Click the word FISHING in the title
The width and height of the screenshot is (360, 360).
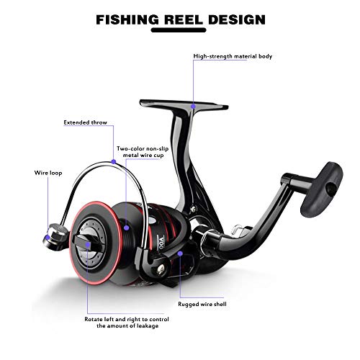127,19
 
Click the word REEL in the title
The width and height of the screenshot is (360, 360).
184,19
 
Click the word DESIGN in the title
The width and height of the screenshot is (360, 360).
237,19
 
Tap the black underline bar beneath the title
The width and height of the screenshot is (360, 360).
179,30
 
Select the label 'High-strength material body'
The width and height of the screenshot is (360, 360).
233,56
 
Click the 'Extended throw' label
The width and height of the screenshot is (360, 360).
85,122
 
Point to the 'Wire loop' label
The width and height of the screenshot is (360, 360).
48,173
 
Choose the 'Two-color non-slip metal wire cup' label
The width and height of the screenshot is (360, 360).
143,152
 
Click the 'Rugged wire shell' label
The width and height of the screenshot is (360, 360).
202,304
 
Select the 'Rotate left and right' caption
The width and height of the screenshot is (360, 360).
127,323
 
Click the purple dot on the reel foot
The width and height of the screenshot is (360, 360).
193,107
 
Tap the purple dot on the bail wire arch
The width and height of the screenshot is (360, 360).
114,162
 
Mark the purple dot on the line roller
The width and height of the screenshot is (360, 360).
48,238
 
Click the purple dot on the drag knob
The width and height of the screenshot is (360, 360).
88,245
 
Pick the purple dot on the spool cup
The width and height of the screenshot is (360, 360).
127,228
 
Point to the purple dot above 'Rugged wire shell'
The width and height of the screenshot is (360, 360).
180,253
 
